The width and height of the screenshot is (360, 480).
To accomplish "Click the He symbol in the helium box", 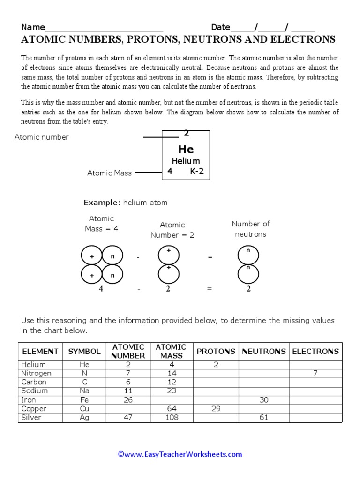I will [x=186, y=150].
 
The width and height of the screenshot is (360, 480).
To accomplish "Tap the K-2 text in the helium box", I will [x=197, y=172].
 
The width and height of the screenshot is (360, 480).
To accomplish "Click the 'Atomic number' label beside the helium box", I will [x=42, y=137].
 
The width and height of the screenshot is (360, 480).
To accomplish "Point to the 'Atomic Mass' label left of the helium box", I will [x=109, y=173].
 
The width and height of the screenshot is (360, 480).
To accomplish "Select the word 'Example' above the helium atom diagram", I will [x=100, y=202].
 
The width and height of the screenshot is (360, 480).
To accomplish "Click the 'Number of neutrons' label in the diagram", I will [x=251, y=229].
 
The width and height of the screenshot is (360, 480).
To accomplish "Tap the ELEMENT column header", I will [x=40, y=351].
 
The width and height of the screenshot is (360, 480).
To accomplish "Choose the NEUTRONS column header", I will [x=264, y=351].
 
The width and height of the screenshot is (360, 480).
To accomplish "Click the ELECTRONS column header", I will [x=315, y=351].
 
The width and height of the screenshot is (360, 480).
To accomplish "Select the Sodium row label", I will [x=35, y=391].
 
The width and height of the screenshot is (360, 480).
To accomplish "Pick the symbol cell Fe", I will [x=84, y=400].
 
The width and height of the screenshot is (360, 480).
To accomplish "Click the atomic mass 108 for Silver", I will [x=172, y=417].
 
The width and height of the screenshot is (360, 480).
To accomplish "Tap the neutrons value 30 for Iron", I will [x=264, y=400].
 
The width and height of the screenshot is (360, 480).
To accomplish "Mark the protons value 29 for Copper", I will [x=216, y=409].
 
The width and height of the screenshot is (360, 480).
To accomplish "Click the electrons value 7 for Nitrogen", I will [x=315, y=374].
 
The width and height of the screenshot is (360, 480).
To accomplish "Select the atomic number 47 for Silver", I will [x=127, y=417].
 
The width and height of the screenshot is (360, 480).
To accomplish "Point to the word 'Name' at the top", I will [x=33, y=27].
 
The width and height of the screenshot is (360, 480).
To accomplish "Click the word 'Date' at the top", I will [x=221, y=27].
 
